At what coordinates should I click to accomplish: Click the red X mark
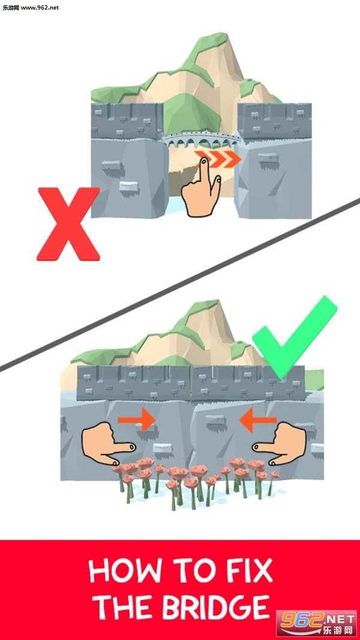coord(68,224)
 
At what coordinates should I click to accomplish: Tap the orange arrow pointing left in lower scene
coord(257,420)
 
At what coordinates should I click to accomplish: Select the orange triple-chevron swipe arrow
coord(217,159)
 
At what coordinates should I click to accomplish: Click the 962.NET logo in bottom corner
coord(316,623)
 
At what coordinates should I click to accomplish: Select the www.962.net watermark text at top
coord(40,7)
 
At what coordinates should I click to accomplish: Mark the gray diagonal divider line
coord(180,285)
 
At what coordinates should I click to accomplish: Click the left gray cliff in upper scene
coord(127,178)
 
